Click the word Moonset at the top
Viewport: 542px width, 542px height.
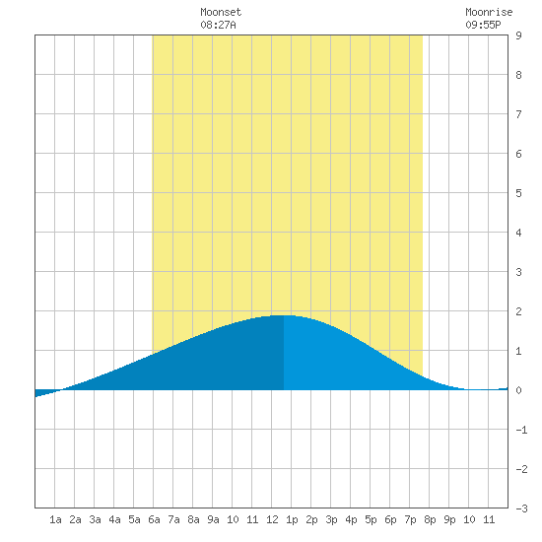[221, 12]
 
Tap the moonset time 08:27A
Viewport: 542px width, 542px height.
[218, 25]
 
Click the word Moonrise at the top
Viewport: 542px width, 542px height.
[489, 12]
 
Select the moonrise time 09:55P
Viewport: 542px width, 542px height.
[483, 25]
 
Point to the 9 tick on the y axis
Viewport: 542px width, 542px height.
[518, 35]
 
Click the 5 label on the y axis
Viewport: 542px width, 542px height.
[518, 193]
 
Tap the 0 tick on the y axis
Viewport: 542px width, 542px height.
[518, 390]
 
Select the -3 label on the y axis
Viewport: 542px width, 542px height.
[521, 508]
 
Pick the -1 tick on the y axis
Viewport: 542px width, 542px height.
[521, 430]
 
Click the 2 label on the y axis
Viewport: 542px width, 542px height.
[518, 311]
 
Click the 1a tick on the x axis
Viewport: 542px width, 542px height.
[55, 519]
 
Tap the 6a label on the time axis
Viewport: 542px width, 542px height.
[154, 519]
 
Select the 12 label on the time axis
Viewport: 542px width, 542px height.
[272, 519]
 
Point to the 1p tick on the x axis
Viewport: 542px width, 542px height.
[292, 520]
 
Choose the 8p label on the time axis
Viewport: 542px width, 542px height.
[430, 520]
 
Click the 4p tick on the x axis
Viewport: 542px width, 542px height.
[351, 520]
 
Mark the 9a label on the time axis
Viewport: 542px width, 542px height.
[213, 519]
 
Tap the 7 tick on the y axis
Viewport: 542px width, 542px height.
[518, 114]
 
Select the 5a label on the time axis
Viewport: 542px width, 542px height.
[134, 519]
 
